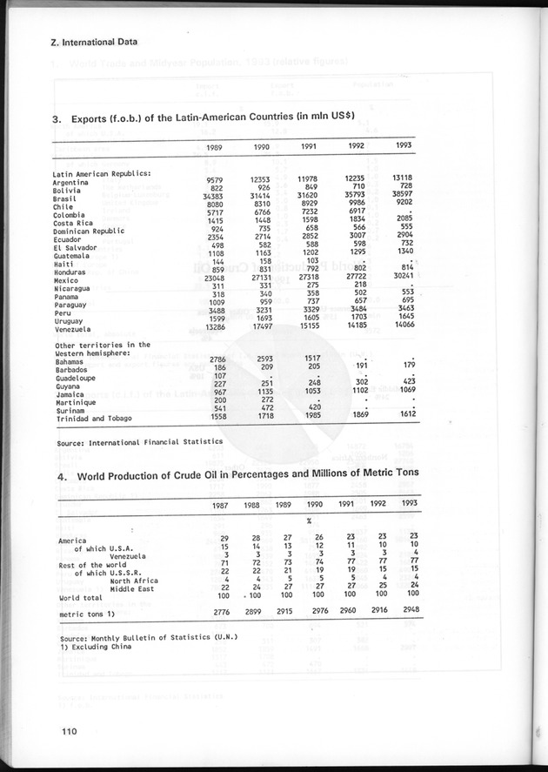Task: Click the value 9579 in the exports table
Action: tap(216, 179)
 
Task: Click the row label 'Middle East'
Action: tap(133, 589)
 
